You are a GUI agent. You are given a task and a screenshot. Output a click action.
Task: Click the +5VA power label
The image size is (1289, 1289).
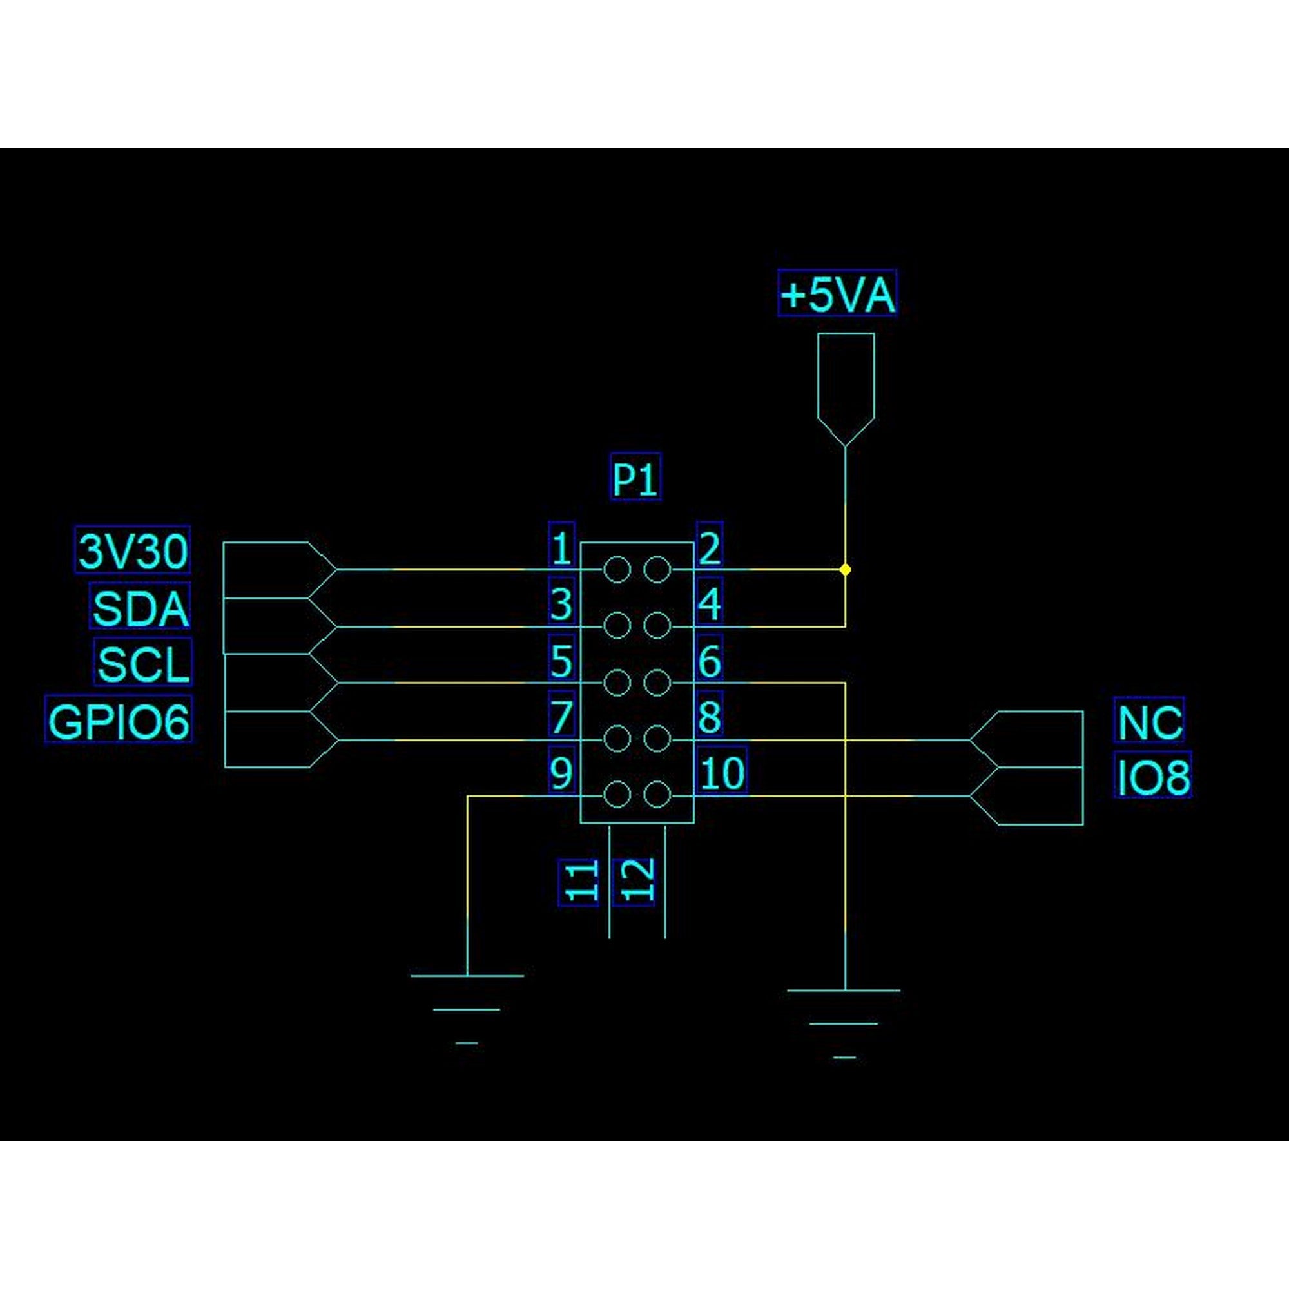coord(837,293)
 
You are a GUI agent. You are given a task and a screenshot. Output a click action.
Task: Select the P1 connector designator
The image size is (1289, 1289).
coord(635,477)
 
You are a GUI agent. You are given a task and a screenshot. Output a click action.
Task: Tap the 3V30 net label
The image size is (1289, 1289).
coord(133,550)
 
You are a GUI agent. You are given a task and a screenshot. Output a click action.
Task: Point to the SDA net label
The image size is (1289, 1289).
coord(140,606)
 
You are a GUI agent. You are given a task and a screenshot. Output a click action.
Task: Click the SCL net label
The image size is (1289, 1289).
coord(144,663)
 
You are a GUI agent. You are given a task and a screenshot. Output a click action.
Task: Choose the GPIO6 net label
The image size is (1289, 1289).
coord(119,719)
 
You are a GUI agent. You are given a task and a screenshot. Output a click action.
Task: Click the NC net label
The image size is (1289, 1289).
coord(1148,720)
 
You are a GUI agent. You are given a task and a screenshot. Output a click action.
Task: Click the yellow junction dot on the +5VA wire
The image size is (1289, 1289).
coord(846,570)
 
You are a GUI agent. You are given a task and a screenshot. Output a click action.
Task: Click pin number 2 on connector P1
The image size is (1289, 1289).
coord(709,547)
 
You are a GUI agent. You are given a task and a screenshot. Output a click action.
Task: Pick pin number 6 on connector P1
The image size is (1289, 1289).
coord(708,661)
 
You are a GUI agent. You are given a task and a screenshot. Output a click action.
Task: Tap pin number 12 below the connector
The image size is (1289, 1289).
coord(634,882)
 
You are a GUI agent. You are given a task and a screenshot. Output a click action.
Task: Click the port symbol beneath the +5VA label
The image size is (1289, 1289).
coord(846,387)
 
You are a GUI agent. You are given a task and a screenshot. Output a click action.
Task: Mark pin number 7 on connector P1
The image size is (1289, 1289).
coord(561,717)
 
